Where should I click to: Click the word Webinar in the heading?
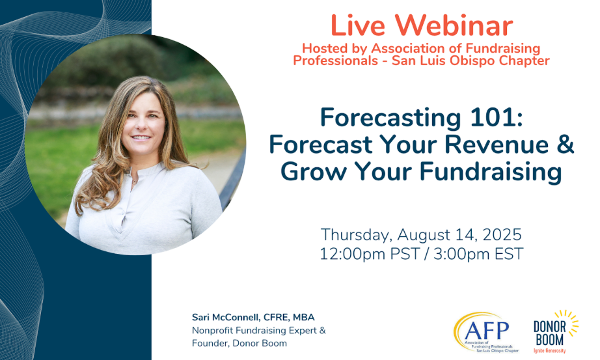coord(454,25)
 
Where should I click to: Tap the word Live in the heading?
coord(357,25)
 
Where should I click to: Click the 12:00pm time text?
coord(352,254)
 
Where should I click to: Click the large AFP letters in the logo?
coord(487,330)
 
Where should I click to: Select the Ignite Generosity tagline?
coord(549,350)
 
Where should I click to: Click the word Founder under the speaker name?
coord(210,343)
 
